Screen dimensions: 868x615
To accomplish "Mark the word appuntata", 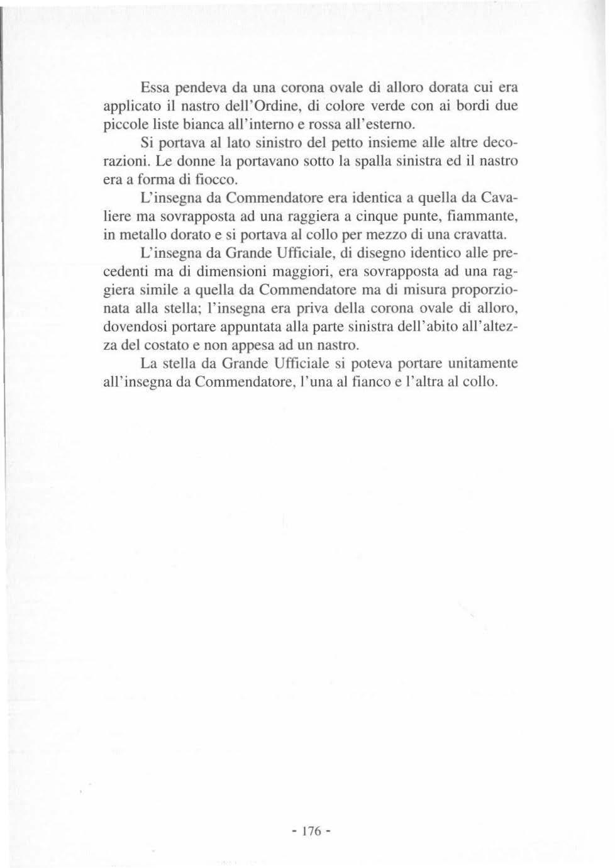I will (248, 328).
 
